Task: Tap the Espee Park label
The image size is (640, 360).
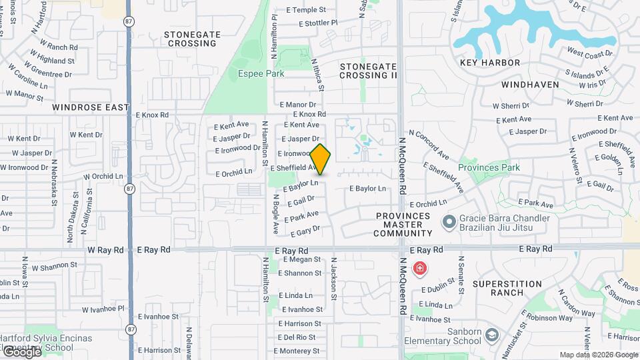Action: (x=255, y=73)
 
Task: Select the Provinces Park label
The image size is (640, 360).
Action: (x=489, y=167)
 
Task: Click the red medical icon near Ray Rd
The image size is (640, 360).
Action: (x=420, y=269)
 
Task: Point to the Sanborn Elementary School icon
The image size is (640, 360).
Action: (x=493, y=334)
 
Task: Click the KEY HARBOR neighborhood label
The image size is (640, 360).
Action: (x=490, y=63)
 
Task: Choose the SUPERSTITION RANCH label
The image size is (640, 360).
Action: (x=507, y=288)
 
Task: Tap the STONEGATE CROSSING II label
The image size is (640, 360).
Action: (x=368, y=71)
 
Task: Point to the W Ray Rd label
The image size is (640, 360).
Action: (x=106, y=249)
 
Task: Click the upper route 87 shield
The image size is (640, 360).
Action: (x=129, y=21)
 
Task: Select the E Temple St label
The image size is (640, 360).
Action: (x=306, y=10)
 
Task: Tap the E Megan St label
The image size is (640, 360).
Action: (x=301, y=260)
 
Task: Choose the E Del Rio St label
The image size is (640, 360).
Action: (x=297, y=337)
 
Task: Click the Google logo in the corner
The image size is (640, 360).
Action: (x=22, y=351)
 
